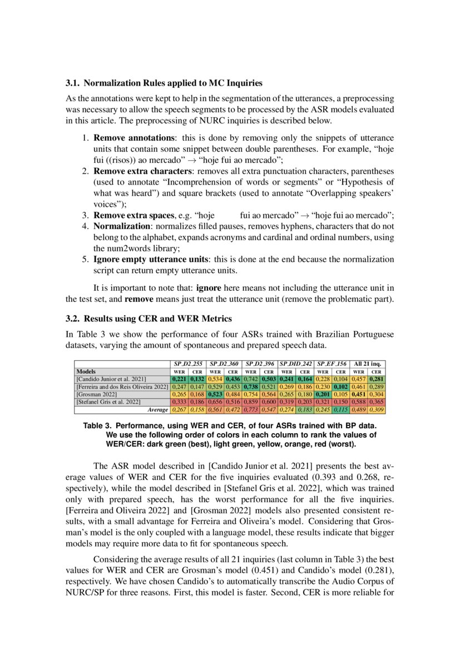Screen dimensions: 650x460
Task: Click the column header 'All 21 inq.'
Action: pyautogui.click(x=367, y=363)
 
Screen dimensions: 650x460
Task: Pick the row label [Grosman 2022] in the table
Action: pyautogui.click(x=96, y=394)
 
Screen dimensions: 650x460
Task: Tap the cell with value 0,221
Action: pyautogui.click(x=179, y=379)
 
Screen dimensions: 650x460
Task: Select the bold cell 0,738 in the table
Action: pyautogui.click(x=251, y=386)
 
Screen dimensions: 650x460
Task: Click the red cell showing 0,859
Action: pyautogui.click(x=251, y=401)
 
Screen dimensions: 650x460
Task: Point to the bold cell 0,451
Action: pyautogui.click(x=359, y=394)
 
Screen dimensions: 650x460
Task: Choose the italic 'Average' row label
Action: pyautogui.click(x=157, y=409)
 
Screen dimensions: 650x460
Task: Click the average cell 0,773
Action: pyautogui.click(x=251, y=409)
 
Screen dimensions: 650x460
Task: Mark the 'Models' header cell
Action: pyautogui.click(x=86, y=371)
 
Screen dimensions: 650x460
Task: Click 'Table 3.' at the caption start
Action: pyautogui.click(x=98, y=425)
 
